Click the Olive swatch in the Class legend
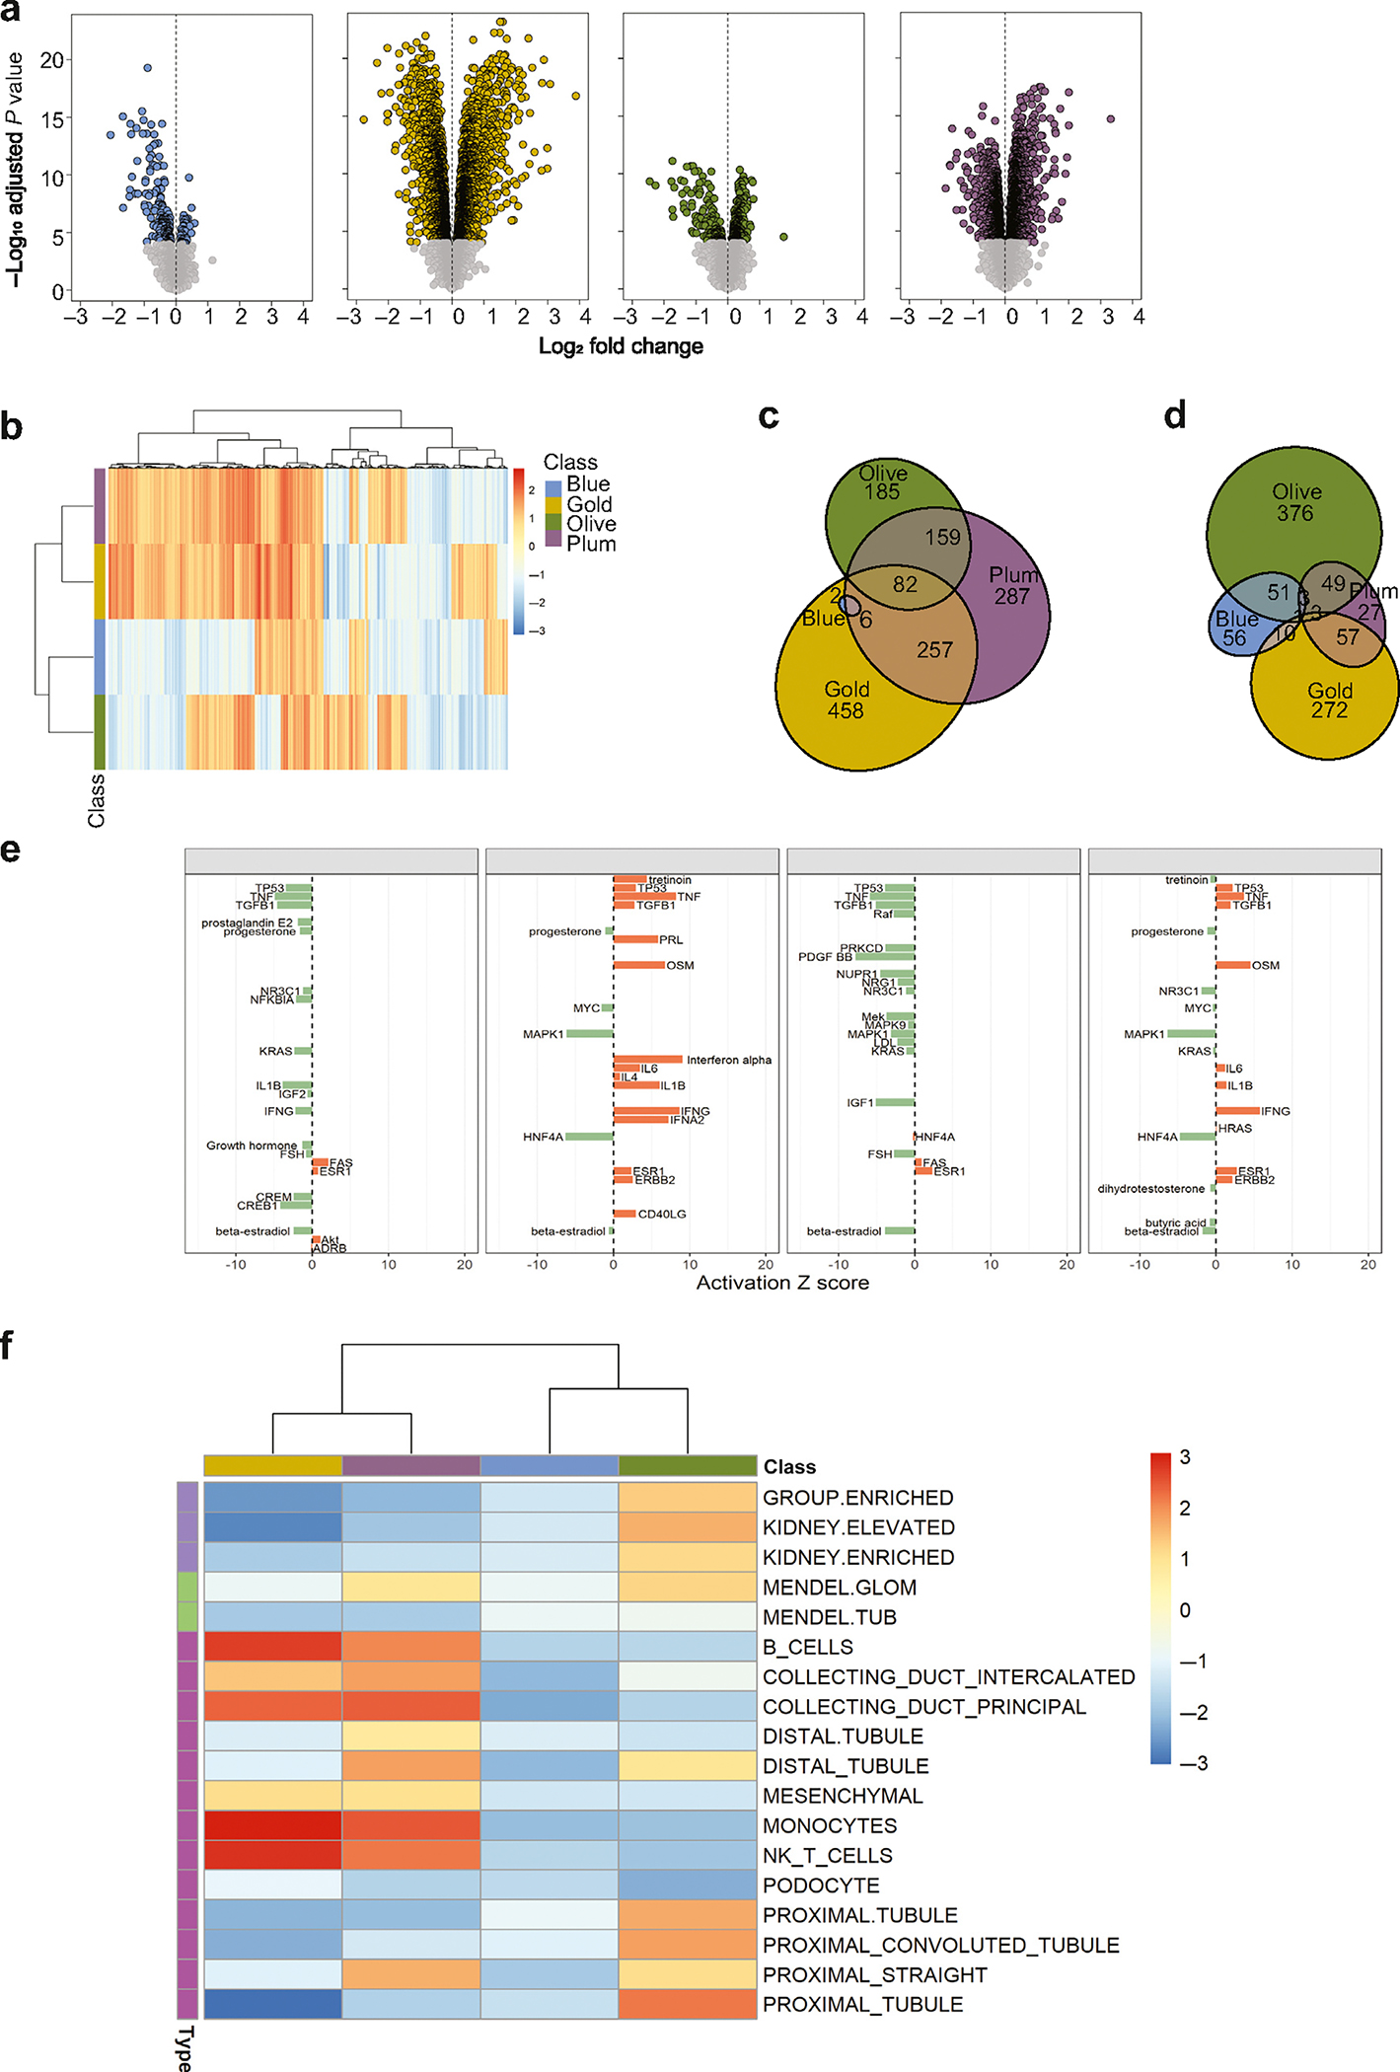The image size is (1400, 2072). (x=553, y=524)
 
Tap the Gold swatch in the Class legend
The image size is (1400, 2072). (x=553, y=504)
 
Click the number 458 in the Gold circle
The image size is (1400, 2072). (x=846, y=710)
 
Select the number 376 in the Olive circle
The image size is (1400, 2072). (x=1294, y=513)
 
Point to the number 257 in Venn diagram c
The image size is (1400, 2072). (x=934, y=650)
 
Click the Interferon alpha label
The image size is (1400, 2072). (x=729, y=1060)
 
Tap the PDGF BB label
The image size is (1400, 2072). (x=825, y=957)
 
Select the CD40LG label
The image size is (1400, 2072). (x=662, y=1214)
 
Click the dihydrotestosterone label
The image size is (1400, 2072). (x=1151, y=1189)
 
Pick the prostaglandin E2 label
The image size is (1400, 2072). (x=247, y=923)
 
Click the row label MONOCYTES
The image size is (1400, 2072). (x=830, y=1826)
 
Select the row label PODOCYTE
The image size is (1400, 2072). (x=821, y=1886)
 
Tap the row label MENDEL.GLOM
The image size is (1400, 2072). (x=840, y=1588)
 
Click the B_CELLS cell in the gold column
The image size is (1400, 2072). (x=273, y=1647)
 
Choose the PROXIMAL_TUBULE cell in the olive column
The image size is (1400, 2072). (x=688, y=2005)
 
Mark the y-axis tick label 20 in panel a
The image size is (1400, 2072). (x=52, y=60)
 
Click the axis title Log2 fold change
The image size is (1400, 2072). (x=621, y=346)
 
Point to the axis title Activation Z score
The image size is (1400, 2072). (x=782, y=1283)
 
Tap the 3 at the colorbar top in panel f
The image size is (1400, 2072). (x=1185, y=1457)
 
